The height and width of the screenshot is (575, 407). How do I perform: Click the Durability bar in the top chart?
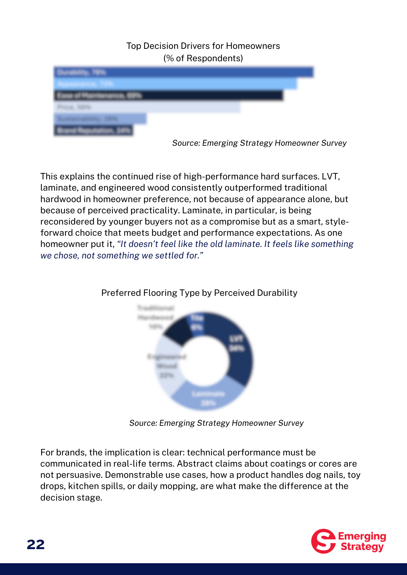(183, 72)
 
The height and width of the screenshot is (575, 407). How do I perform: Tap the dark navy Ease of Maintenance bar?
(168, 95)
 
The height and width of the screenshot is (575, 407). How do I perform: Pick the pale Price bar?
(147, 107)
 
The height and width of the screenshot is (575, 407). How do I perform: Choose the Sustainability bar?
(100, 119)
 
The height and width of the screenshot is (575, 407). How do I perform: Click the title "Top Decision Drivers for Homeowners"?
(203, 46)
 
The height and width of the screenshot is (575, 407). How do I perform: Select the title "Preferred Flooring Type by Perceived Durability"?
(199, 293)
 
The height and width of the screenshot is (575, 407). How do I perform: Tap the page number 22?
(36, 545)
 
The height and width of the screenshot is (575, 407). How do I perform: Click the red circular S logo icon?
(323, 541)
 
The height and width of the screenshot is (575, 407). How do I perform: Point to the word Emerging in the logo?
(362, 536)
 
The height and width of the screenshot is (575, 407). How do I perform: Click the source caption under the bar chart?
(259, 143)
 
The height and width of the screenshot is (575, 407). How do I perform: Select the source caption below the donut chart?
(216, 423)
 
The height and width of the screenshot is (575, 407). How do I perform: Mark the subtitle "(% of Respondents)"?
(203, 58)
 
